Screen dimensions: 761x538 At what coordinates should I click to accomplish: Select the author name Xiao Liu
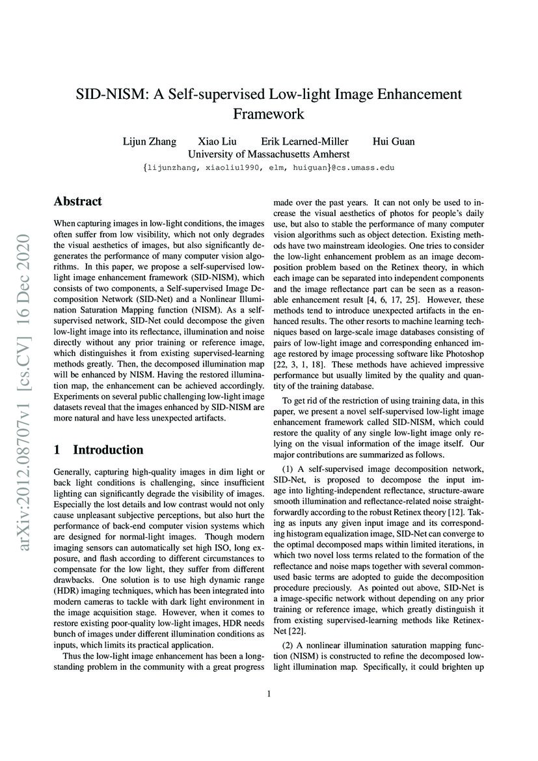click(x=217, y=141)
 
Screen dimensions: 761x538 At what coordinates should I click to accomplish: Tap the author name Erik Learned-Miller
click(x=304, y=141)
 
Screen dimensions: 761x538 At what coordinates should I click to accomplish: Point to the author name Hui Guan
click(x=393, y=141)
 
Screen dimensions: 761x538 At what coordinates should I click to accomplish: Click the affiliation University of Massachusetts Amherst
click(x=269, y=154)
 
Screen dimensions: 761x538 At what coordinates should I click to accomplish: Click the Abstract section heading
click(x=77, y=201)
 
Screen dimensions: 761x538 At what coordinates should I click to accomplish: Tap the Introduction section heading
click(x=107, y=450)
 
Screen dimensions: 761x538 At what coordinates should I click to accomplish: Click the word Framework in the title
click(x=269, y=113)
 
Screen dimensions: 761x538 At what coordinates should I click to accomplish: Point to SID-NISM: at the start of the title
click(x=112, y=94)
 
